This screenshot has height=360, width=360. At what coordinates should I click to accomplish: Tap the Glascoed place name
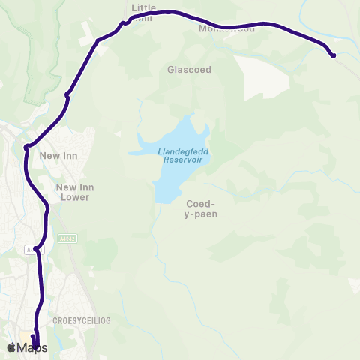click(x=190, y=70)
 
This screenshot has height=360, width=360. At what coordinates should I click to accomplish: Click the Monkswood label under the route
click(x=226, y=29)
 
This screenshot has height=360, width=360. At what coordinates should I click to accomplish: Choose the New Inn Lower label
click(x=73, y=192)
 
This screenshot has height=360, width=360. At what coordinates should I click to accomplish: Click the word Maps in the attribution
click(x=32, y=346)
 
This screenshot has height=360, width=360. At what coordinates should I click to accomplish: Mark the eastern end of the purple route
click(x=333, y=55)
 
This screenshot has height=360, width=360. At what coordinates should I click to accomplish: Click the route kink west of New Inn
click(x=27, y=146)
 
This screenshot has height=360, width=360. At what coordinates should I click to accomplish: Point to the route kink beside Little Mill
click(x=125, y=22)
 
